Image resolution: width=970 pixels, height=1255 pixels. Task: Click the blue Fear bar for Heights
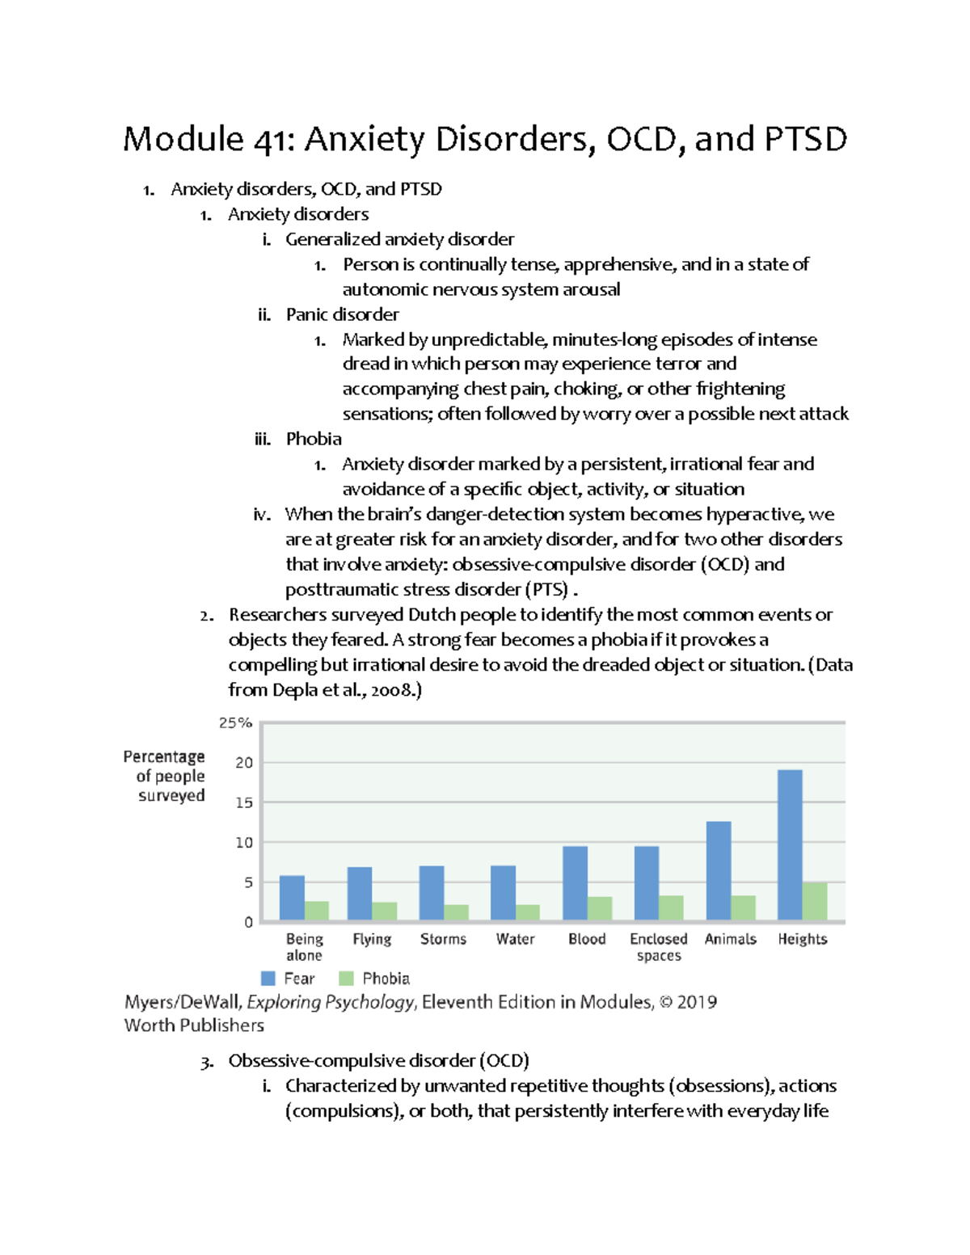[x=790, y=844]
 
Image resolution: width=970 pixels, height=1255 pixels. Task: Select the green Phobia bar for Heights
[x=815, y=901]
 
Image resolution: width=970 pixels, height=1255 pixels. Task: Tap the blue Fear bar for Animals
[x=719, y=870]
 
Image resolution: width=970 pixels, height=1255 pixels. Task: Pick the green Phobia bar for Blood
[x=600, y=908]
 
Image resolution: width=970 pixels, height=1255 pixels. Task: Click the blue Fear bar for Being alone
[x=292, y=898]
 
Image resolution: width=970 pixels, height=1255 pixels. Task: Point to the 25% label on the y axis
[x=235, y=722]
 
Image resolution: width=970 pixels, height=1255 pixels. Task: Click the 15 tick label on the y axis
[x=243, y=802]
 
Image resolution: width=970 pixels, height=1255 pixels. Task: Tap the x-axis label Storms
[x=443, y=939]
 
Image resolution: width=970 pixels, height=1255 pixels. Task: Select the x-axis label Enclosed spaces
[x=659, y=947]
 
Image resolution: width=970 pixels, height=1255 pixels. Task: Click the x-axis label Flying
[x=372, y=939]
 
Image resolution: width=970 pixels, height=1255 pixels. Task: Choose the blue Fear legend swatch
[x=268, y=979]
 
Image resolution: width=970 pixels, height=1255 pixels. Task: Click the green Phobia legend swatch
[x=347, y=979]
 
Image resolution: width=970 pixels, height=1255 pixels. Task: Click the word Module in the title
[x=183, y=139]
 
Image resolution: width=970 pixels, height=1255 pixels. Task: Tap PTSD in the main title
[x=805, y=139]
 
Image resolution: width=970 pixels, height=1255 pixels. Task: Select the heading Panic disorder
[x=342, y=314]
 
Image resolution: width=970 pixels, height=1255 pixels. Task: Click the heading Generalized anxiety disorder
[x=399, y=239]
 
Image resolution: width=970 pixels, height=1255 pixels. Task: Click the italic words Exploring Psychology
[x=331, y=1002]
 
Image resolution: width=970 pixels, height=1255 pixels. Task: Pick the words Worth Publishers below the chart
[x=194, y=1025]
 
